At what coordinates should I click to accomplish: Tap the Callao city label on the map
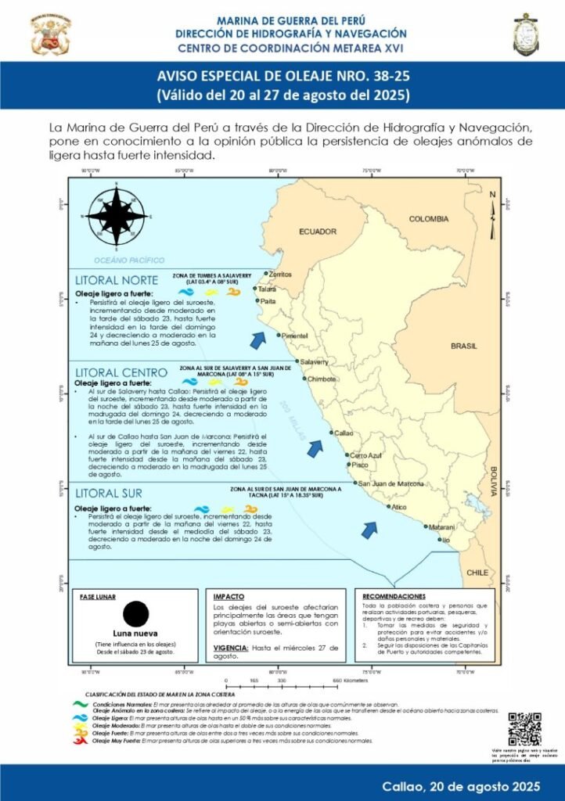pyautogui.click(x=345, y=433)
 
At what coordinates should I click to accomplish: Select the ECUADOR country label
pyautogui.click(x=318, y=232)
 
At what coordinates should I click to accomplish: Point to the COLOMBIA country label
pyautogui.click(x=431, y=219)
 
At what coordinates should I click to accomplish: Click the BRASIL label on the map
pyautogui.click(x=463, y=345)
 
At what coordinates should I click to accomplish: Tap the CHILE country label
pyautogui.click(x=477, y=572)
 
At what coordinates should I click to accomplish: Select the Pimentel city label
pyautogui.click(x=296, y=336)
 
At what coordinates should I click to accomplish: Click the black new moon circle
pyautogui.click(x=135, y=613)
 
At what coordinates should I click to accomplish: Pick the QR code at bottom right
pyautogui.click(x=524, y=729)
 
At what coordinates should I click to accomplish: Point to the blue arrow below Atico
pyautogui.click(x=369, y=530)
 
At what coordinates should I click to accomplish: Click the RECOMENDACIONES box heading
pyautogui.click(x=394, y=596)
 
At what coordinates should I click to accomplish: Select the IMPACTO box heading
pyautogui.click(x=229, y=597)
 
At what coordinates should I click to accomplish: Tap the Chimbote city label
pyautogui.click(x=322, y=379)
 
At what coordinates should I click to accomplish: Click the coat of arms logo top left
pyautogui.click(x=50, y=33)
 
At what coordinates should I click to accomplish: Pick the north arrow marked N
pyautogui.click(x=492, y=216)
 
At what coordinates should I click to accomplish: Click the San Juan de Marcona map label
pyautogui.click(x=391, y=483)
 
